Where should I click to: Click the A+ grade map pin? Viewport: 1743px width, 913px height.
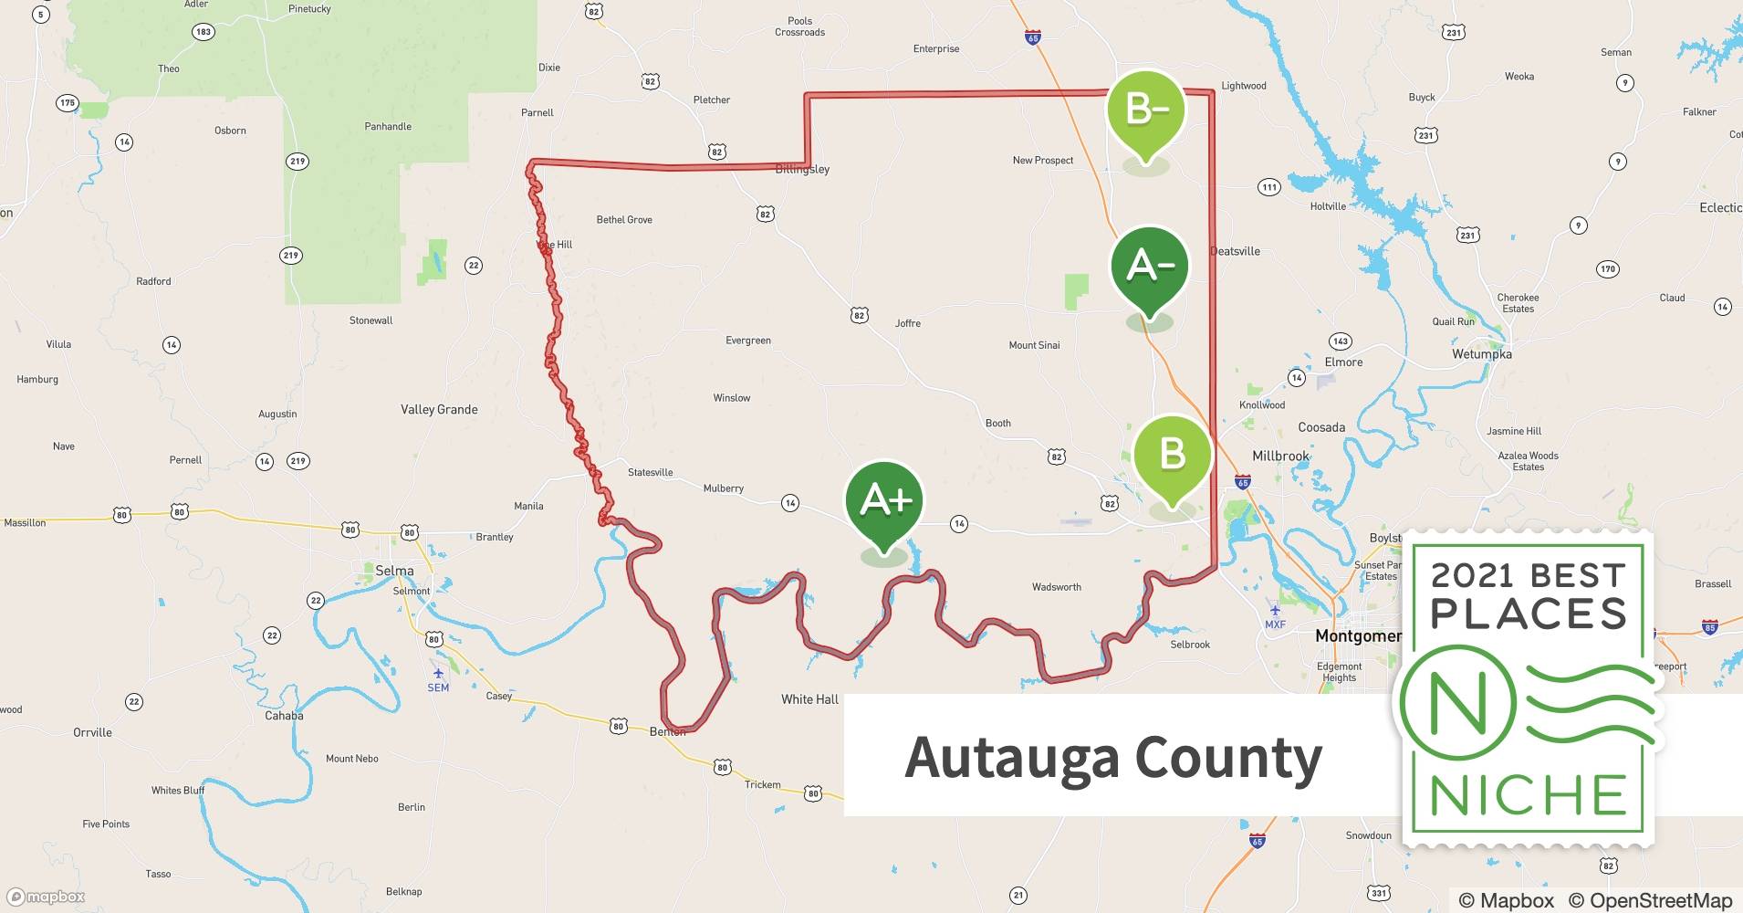(x=884, y=501)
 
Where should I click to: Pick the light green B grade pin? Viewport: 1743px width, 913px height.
(x=1172, y=455)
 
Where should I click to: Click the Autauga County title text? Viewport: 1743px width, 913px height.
(x=1112, y=758)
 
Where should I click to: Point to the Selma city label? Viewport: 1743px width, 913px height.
(x=394, y=571)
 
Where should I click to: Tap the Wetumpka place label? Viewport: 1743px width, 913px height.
(x=1481, y=354)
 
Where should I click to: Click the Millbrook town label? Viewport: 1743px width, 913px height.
(x=1280, y=456)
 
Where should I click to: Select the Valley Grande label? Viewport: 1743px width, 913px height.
(x=439, y=410)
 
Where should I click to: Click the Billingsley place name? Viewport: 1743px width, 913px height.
(x=802, y=170)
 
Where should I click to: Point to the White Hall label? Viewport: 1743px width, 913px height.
(x=809, y=699)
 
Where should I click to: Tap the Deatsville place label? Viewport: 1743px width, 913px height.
(x=1236, y=251)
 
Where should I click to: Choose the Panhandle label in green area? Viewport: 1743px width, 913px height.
(x=388, y=127)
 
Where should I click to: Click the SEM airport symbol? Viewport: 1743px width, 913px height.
(x=438, y=674)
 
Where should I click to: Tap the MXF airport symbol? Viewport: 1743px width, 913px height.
(x=1275, y=611)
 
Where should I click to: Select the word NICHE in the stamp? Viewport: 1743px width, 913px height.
(x=1528, y=795)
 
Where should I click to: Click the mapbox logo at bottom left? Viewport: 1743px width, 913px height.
(x=46, y=897)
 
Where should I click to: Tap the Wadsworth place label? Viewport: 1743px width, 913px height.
(x=1056, y=587)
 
